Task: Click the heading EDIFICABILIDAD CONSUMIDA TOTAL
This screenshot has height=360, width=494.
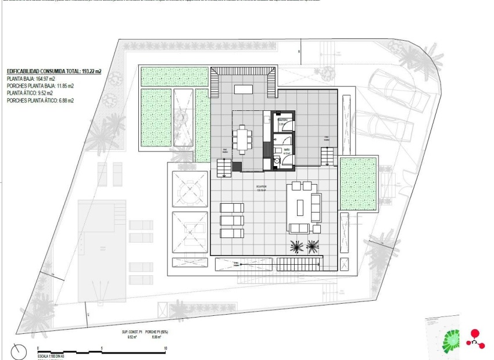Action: coord(54,71)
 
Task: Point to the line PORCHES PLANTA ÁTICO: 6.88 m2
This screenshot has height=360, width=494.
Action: coord(40,100)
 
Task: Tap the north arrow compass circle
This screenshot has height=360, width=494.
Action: coord(19,351)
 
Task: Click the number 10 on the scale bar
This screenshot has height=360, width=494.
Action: coord(166,349)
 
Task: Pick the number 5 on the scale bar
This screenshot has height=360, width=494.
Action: coord(102,349)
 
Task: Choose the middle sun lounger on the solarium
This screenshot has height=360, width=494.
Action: coord(232,221)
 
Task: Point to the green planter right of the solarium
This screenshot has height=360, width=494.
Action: coord(359,183)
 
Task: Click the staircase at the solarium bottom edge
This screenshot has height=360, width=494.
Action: coord(299,265)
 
